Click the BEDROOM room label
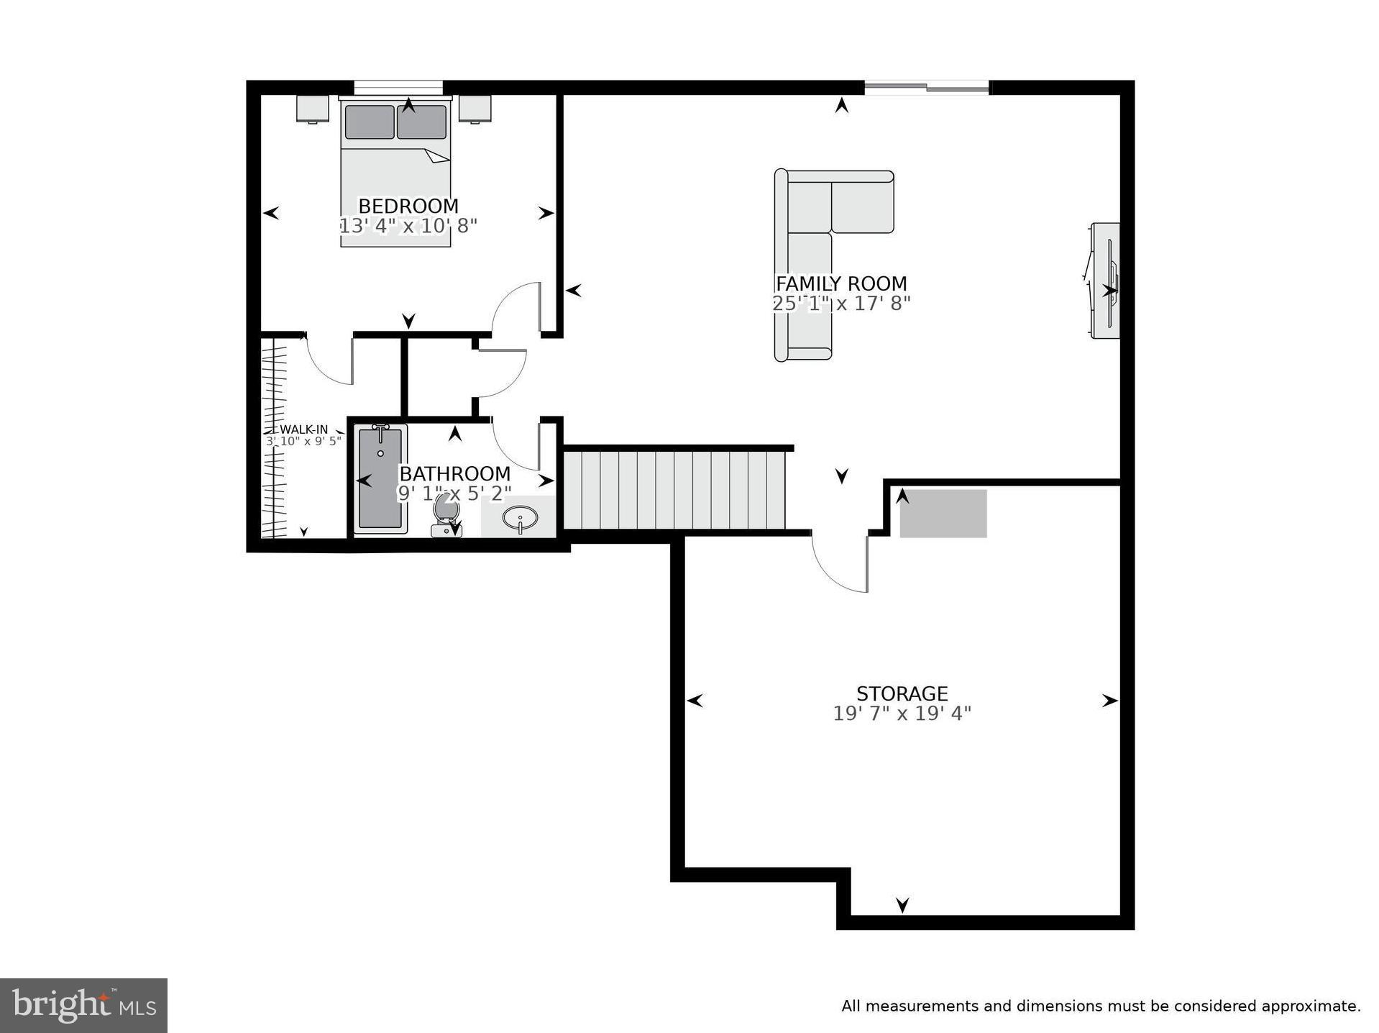[408, 206]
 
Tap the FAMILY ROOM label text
[840, 283]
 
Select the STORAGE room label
[902, 693]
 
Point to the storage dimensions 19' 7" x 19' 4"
[902, 714]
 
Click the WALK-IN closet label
[303, 429]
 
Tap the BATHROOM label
[454, 474]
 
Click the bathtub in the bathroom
[380, 478]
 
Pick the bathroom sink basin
[519, 517]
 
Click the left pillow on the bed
[369, 122]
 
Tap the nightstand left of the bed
[313, 109]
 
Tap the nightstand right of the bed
[475, 109]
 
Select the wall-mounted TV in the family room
[1106, 281]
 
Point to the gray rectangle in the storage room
[943, 513]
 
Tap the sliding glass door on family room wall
[926, 88]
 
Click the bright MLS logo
[83, 1005]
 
